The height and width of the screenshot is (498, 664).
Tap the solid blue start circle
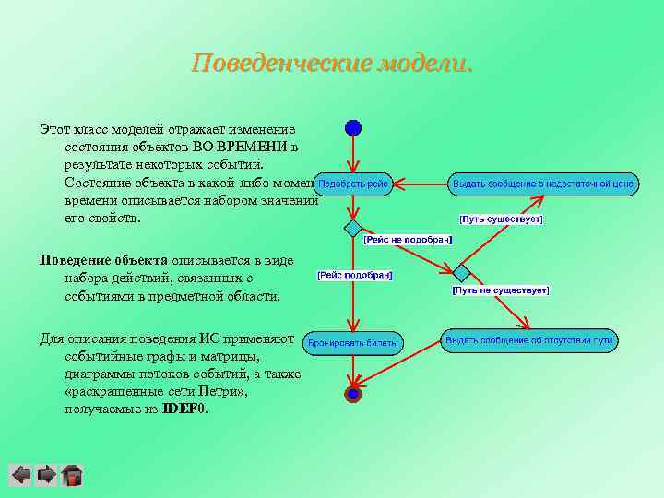pos(353,128)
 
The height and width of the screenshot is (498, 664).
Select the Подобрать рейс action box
pos(353,184)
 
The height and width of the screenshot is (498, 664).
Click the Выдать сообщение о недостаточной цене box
pos(542,184)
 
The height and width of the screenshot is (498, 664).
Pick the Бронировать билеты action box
pos(353,342)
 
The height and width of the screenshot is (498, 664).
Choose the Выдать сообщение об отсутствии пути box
pos(528,340)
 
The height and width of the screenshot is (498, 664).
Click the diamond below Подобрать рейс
pos(353,228)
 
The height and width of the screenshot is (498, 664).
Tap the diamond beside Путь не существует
pos(461,272)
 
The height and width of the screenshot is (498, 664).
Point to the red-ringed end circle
pos(352,395)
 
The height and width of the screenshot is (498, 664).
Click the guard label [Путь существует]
pos(501,219)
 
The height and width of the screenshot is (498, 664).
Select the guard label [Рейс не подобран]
pos(408,239)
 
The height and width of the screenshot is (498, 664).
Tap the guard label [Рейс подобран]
pos(355,275)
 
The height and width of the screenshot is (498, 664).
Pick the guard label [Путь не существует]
pos(501,290)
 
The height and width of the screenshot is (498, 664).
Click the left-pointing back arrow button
pos(20,475)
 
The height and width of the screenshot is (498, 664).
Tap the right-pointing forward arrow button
pos(46,475)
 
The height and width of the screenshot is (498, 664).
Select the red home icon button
pos(72,475)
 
